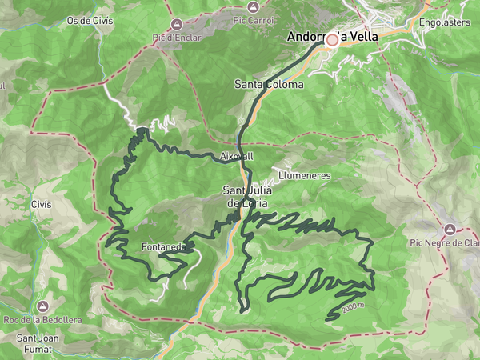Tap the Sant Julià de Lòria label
click(247, 197)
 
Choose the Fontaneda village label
click(163, 247)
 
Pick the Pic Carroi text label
click(253, 19)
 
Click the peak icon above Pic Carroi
click(253, 6)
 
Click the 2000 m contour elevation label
click(353, 307)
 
